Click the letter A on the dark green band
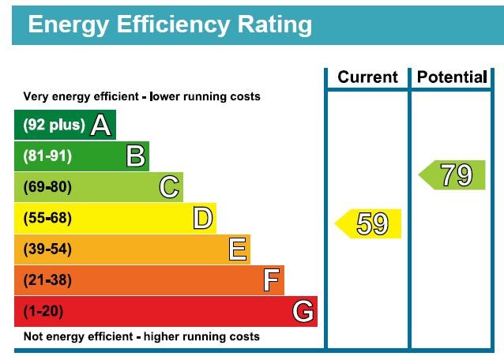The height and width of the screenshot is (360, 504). click(100, 125)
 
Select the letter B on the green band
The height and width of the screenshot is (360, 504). click(136, 156)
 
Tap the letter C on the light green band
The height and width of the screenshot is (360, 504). click(169, 187)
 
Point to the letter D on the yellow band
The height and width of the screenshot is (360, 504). click(203, 218)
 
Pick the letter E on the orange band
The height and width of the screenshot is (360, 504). click(238, 249)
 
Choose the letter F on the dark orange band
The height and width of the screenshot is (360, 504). click(272, 280)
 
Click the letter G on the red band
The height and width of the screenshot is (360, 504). click(303, 311)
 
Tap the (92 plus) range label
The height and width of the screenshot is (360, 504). click(54, 125)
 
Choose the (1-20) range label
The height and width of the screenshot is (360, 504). click(43, 311)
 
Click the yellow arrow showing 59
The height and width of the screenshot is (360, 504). click(369, 223)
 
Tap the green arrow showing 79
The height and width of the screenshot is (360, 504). click(453, 174)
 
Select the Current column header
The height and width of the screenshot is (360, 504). click(367, 77)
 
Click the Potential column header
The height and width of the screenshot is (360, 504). click(451, 77)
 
